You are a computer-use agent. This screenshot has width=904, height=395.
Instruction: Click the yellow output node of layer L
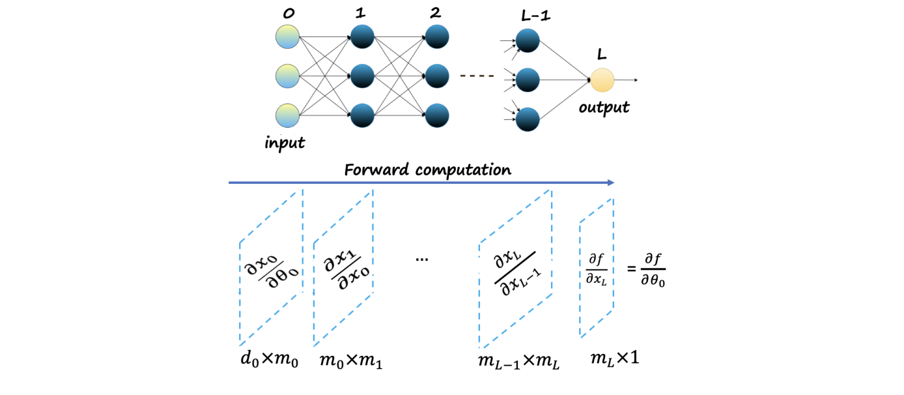pos(602,80)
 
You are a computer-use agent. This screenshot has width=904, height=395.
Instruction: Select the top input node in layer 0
pos(287,37)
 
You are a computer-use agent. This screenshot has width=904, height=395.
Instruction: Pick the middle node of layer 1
pos(362,76)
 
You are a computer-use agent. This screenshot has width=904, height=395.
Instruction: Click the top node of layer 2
pos(437,37)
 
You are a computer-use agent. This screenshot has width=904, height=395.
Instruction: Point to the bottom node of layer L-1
pos(528,119)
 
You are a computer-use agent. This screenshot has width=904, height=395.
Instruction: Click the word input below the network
pos(285,143)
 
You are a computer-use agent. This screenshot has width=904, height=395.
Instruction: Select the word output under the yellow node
pos(604,107)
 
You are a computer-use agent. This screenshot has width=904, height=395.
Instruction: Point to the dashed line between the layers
pos(477,76)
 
